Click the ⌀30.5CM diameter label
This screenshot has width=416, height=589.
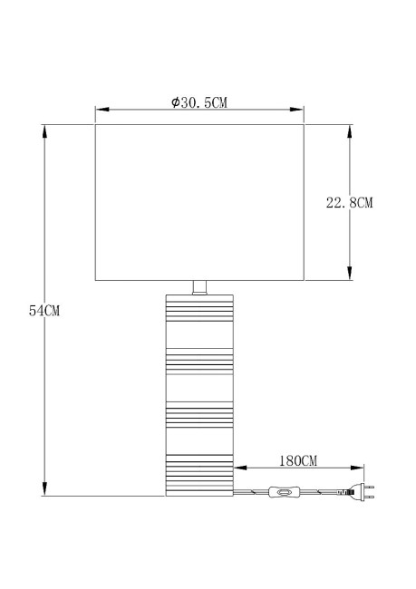[199, 101]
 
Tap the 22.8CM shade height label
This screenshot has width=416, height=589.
[350, 203]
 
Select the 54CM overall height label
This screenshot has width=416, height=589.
[44, 311]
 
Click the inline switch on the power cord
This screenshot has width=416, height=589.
[285, 494]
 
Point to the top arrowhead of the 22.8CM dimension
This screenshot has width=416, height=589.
[349, 130]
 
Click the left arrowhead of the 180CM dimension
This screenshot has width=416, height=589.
[239, 468]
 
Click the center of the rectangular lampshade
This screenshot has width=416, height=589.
[199, 203]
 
